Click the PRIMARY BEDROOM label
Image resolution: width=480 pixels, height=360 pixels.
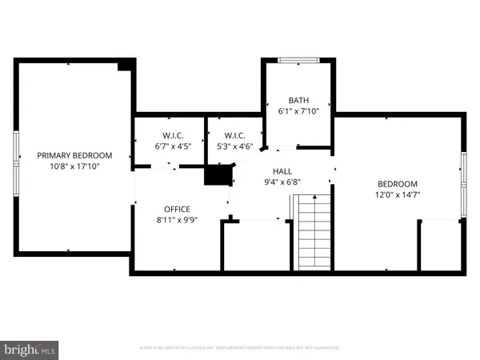74,155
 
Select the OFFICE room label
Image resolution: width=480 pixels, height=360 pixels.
177,209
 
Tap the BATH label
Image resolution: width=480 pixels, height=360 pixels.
298,100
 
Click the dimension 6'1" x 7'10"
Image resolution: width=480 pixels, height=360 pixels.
298,111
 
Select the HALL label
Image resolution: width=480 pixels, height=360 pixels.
282,171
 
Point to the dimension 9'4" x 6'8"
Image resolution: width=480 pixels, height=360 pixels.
282,182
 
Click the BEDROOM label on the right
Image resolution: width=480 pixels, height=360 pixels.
397,182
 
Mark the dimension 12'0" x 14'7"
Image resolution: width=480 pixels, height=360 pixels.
397,193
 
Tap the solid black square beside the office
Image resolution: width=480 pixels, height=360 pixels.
218,175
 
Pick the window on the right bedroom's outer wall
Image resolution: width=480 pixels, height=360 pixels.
462,185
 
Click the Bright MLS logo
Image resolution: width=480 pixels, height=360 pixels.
30,349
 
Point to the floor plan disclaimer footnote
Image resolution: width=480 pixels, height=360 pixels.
240,348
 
